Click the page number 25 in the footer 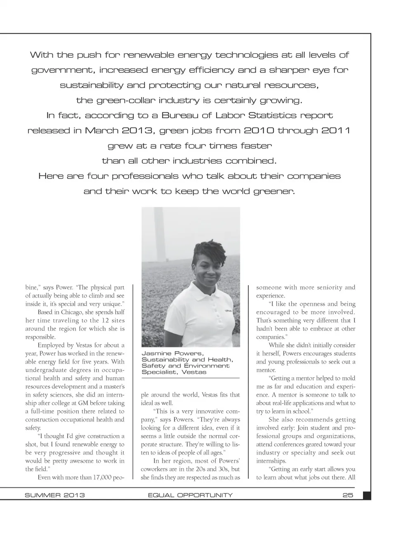point(348,495)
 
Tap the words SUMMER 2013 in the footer point(55,495)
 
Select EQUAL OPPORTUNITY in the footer point(190,495)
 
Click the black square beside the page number point(366,495)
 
